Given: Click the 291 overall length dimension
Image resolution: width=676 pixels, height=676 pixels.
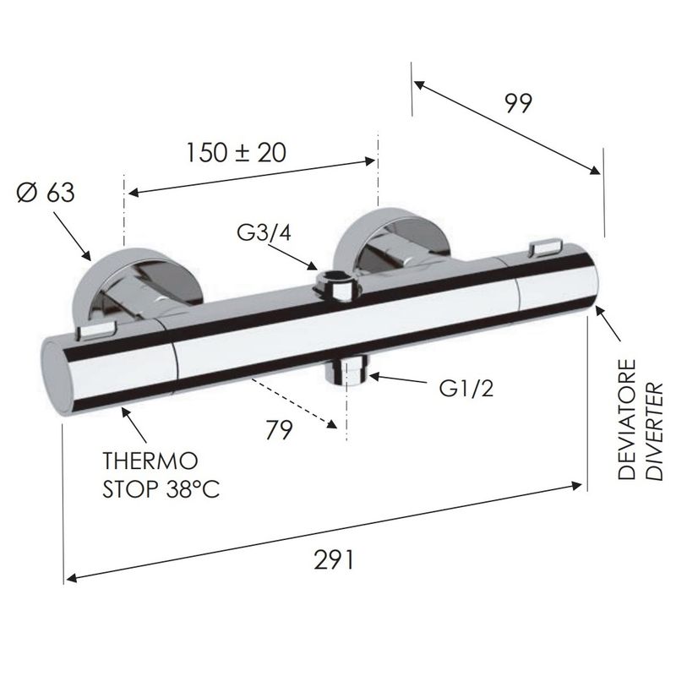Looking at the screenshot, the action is [x=334, y=560].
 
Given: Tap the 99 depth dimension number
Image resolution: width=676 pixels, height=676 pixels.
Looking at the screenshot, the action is [x=519, y=103].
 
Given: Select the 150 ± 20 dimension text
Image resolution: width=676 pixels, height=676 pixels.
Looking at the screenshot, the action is [x=237, y=153].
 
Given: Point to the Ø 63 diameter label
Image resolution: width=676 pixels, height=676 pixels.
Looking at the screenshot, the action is [x=46, y=193].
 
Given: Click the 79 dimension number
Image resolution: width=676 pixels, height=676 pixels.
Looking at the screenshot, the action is [x=279, y=429].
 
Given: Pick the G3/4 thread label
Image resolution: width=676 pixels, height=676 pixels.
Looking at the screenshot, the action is [x=264, y=233].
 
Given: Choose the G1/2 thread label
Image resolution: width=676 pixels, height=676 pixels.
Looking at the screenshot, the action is [x=466, y=389].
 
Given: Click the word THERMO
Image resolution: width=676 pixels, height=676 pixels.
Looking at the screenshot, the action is [x=150, y=461].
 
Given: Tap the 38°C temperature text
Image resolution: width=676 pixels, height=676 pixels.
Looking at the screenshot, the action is [x=193, y=489].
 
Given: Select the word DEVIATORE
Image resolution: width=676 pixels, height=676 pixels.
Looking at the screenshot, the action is [x=626, y=419].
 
